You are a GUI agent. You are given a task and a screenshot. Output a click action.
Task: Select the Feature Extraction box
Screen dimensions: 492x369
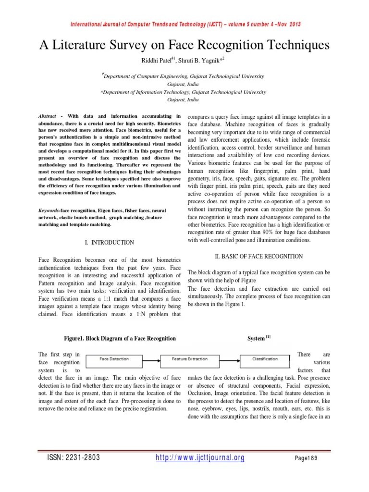coord(190,359)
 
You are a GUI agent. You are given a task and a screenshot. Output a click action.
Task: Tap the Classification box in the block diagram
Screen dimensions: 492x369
coord(265,359)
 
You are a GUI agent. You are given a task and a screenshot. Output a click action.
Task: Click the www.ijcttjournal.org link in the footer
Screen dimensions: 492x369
coord(200,458)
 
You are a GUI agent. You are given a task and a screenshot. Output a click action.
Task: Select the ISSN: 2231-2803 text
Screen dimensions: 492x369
coord(72,458)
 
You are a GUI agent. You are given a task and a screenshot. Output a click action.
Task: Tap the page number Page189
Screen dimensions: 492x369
coord(306,458)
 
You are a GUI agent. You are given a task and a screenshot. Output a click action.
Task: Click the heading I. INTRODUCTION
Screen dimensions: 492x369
coord(109,243)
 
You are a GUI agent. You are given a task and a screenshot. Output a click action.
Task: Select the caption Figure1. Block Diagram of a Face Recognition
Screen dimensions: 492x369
coord(120,339)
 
